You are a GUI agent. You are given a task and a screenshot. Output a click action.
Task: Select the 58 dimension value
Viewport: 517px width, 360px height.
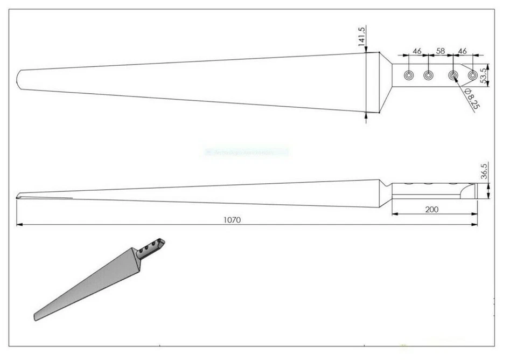click(x=441, y=51)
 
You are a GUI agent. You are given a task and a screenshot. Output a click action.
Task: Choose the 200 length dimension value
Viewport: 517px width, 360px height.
click(x=432, y=210)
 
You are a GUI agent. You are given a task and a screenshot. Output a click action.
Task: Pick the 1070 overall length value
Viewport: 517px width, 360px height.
click(x=233, y=219)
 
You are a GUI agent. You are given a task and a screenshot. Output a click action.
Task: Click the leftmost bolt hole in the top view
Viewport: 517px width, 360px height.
click(x=409, y=75)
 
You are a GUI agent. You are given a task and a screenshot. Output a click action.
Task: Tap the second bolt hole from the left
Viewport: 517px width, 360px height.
click(x=429, y=75)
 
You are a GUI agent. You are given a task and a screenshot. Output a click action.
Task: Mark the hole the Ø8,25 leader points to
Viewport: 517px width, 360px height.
click(x=453, y=75)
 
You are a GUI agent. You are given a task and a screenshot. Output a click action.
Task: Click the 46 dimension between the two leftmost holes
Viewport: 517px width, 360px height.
click(x=417, y=51)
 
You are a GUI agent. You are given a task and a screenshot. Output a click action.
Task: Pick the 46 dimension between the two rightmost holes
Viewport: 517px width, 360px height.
click(x=462, y=51)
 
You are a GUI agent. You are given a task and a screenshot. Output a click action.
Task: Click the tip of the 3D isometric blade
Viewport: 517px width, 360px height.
click(x=37, y=316)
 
